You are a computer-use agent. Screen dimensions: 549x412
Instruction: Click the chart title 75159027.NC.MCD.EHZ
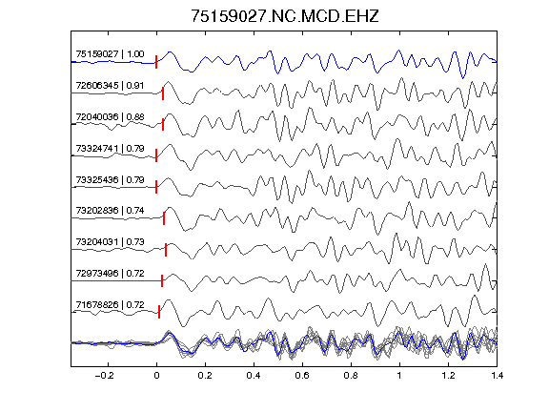[285, 16]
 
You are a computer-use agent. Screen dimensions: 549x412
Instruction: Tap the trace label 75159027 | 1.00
[110, 54]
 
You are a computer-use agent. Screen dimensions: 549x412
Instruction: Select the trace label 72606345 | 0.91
[110, 86]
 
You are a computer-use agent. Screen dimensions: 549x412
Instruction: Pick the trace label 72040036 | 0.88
[110, 116]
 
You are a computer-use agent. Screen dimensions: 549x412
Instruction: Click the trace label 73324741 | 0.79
[110, 148]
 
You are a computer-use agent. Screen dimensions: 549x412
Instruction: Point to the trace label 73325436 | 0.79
[110, 179]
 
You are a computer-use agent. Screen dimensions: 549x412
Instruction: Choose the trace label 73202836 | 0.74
[110, 210]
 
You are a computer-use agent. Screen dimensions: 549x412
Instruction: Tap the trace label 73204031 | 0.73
[110, 241]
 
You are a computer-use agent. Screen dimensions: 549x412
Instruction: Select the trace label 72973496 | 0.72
[110, 273]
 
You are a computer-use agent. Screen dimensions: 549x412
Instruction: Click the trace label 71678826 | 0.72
[110, 304]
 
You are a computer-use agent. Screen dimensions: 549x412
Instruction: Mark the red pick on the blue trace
[156, 62]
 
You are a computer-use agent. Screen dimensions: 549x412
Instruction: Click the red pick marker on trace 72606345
[163, 93]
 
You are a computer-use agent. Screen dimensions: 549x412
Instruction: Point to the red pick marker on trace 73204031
[166, 250]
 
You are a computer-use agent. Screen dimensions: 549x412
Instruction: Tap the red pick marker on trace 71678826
[159, 312]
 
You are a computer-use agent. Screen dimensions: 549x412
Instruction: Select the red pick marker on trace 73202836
[164, 218]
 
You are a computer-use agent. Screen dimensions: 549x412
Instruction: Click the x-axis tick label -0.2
[104, 376]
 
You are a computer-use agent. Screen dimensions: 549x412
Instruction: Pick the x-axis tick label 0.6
[302, 376]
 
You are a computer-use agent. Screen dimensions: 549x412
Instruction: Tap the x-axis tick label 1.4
[497, 376]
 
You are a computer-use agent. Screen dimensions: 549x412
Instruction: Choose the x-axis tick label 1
[399, 376]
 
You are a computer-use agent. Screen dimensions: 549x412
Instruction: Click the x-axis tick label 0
[156, 376]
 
